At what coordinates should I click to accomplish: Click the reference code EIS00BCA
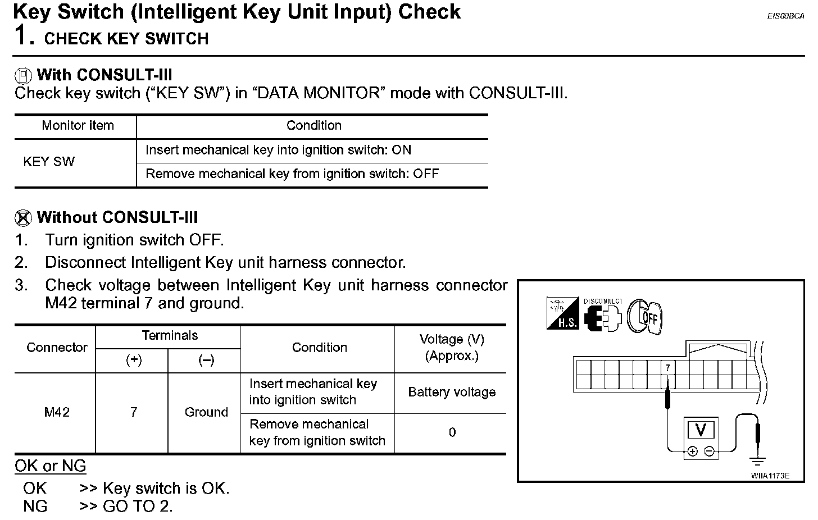coord(785,16)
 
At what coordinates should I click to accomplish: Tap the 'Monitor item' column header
coord(78,126)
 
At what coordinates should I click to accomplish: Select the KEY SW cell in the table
coord(49,162)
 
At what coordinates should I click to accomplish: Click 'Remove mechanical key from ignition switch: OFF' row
coord(292,174)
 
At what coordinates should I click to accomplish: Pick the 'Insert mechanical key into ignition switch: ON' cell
coord(278,150)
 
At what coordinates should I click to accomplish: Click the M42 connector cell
coord(57,413)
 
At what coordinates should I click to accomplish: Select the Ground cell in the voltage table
coord(206,413)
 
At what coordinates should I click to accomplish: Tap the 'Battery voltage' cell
coord(452,393)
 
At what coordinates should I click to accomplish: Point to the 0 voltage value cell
coord(452,433)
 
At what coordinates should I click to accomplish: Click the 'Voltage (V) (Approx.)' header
coord(452,348)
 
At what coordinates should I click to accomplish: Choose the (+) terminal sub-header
coord(133,361)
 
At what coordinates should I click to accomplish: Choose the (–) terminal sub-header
coord(206,361)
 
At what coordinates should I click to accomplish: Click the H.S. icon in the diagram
coord(562,314)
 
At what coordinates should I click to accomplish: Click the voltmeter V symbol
coord(701,430)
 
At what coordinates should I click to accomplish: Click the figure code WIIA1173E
coord(770,476)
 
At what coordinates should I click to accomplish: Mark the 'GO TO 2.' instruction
coord(138,507)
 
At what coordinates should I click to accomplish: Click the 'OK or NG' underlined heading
coord(51,466)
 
